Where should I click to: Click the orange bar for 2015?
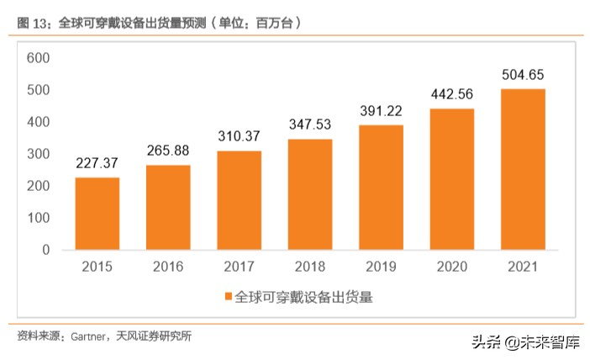(97, 214)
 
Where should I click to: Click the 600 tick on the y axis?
(39, 58)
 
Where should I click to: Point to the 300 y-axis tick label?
(39, 154)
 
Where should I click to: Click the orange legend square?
(228, 297)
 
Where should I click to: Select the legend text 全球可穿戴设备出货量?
(303, 297)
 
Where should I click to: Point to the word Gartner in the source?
(85, 336)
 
